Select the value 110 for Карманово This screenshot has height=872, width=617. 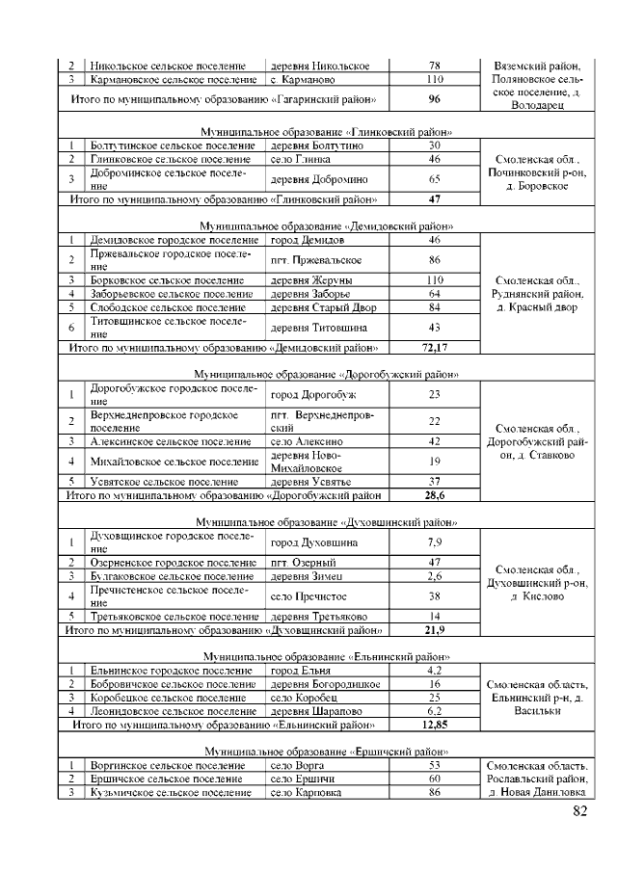[434, 79]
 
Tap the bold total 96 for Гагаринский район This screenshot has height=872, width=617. [434, 99]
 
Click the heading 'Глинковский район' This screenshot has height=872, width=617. [327, 130]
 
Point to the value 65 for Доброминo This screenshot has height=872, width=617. [434, 178]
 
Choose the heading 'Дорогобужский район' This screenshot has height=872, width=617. [326, 373]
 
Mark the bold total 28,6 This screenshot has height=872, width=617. [434, 495]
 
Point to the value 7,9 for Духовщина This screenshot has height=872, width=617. [434, 542]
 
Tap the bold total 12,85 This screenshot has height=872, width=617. [434, 724]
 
